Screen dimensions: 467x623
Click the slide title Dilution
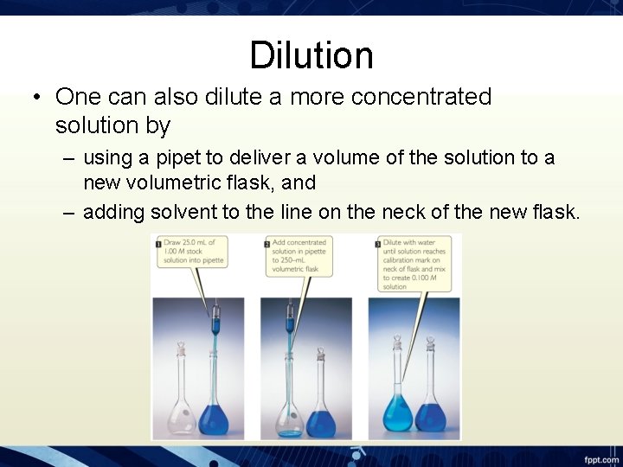311,56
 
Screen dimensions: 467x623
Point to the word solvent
185,212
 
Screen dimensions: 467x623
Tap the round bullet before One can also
39,98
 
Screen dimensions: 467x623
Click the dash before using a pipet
68,158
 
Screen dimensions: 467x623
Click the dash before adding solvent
68,213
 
